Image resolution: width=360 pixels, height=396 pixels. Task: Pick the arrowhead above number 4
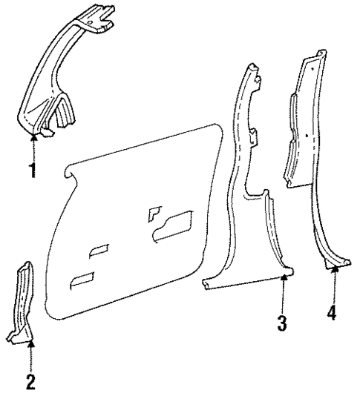pyautogui.click(x=333, y=270)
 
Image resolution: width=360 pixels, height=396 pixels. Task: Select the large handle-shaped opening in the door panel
pyautogui.click(x=174, y=228)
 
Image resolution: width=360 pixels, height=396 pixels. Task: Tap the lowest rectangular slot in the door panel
pyautogui.click(x=82, y=279)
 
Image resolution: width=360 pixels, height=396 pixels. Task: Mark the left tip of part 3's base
pyautogui.click(x=205, y=283)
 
